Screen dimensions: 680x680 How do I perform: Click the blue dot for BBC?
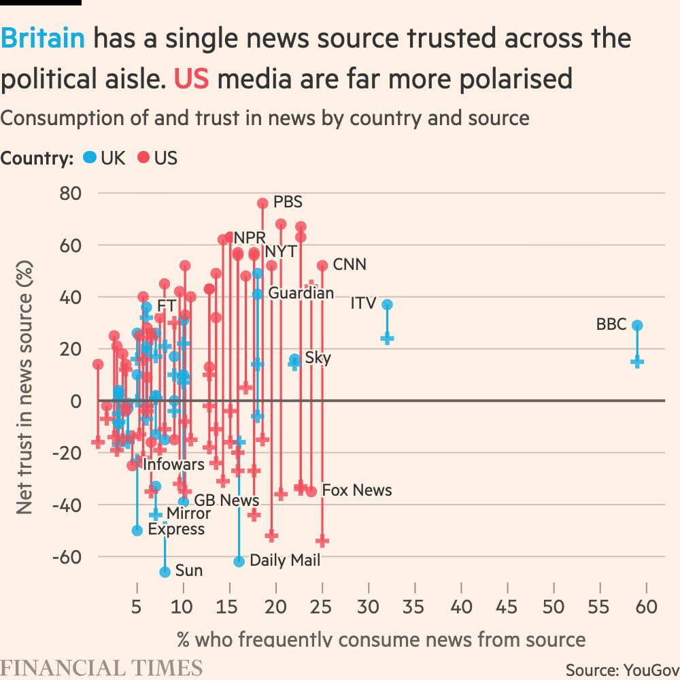(x=637, y=326)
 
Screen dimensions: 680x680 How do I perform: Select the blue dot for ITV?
(x=387, y=305)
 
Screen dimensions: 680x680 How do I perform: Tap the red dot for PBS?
(x=262, y=203)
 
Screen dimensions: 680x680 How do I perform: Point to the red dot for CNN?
(x=322, y=266)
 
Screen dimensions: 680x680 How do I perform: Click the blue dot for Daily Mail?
(x=239, y=562)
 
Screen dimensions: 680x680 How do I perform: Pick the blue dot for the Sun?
(x=165, y=573)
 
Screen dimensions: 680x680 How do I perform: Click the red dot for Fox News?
(x=311, y=492)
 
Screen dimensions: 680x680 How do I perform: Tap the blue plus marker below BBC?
(x=637, y=362)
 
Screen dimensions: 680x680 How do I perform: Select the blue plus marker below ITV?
(x=387, y=338)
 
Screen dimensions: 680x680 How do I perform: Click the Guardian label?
(x=301, y=293)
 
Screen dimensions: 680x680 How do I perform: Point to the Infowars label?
(x=173, y=464)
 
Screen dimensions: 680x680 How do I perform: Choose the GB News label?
(x=226, y=500)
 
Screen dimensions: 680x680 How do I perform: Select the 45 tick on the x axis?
(x=507, y=606)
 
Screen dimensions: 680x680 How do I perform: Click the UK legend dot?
(x=88, y=158)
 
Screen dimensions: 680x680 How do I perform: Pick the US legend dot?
(x=143, y=158)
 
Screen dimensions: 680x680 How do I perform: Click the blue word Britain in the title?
(x=43, y=39)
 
